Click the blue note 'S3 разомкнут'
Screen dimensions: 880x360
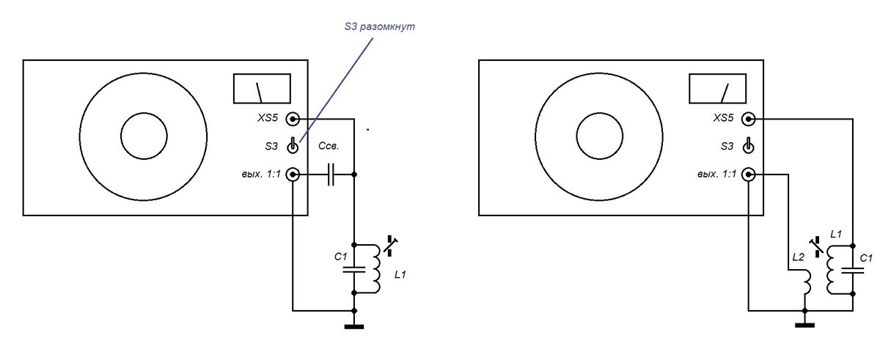(x=380, y=27)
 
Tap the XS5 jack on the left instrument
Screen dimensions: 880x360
(x=293, y=119)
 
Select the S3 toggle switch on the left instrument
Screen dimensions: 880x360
(x=293, y=146)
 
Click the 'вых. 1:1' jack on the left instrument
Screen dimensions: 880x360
(x=293, y=175)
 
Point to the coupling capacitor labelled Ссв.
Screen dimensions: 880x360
(x=331, y=175)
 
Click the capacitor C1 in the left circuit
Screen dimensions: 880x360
(x=354, y=269)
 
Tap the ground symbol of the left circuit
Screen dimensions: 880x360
(x=354, y=326)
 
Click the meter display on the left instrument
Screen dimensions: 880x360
(x=262, y=88)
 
